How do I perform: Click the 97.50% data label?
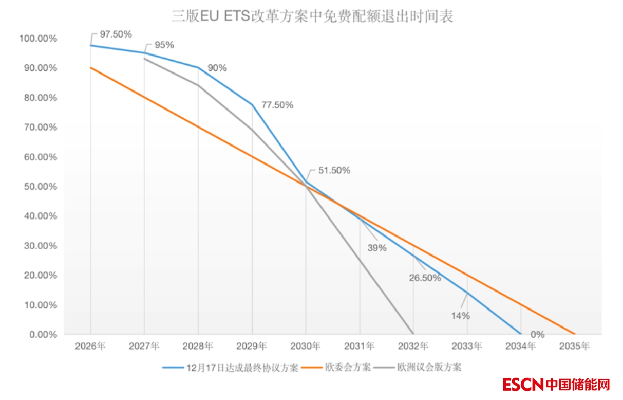[116, 34]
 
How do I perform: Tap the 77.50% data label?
[277, 105]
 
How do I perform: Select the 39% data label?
[376, 248]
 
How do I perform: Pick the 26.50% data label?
[425, 278]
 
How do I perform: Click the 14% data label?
[460, 316]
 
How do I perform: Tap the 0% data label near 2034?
[537, 335]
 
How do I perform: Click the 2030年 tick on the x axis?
[306, 347]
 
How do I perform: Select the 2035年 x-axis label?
[574, 347]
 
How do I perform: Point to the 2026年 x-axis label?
[90, 347]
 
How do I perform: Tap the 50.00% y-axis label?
[39, 187]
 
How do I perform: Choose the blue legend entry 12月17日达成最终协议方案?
[241, 368]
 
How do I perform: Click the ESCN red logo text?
[523, 385]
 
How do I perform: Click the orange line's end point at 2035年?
[575, 334]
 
